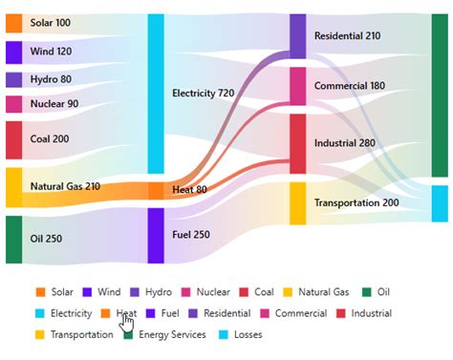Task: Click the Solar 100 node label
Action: pos(50,22)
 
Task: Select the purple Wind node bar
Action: pos(13,52)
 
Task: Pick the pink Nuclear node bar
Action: pos(13,104)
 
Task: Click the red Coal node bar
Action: pos(13,139)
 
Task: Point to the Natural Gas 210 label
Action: pos(65,186)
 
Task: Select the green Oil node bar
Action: pos(13,239)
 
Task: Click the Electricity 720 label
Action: pos(203,93)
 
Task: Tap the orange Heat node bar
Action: pos(156,190)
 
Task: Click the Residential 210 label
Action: pos(347,35)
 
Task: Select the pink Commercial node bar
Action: pos(297,86)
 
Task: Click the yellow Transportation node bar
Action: pos(297,202)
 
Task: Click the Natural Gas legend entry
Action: pos(324,292)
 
